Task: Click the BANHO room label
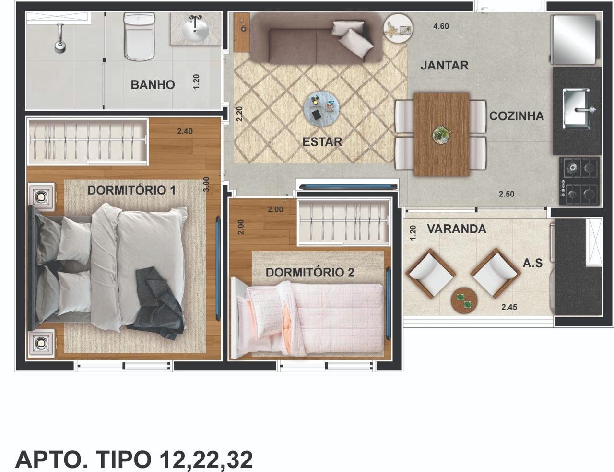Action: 153,85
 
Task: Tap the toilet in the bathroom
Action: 140,37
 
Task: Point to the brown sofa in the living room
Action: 317,38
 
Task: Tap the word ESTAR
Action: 322,142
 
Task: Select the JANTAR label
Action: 445,66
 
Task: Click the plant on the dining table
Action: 441,134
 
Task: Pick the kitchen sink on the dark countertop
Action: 577,108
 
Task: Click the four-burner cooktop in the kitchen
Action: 580,181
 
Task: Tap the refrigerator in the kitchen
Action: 575,39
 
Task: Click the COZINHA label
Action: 516,116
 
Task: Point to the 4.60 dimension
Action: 441,26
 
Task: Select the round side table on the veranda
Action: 464,300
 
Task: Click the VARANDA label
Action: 456,229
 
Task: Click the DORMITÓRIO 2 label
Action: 310,273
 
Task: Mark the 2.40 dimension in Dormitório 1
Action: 185,131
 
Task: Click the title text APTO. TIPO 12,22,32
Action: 134,460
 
